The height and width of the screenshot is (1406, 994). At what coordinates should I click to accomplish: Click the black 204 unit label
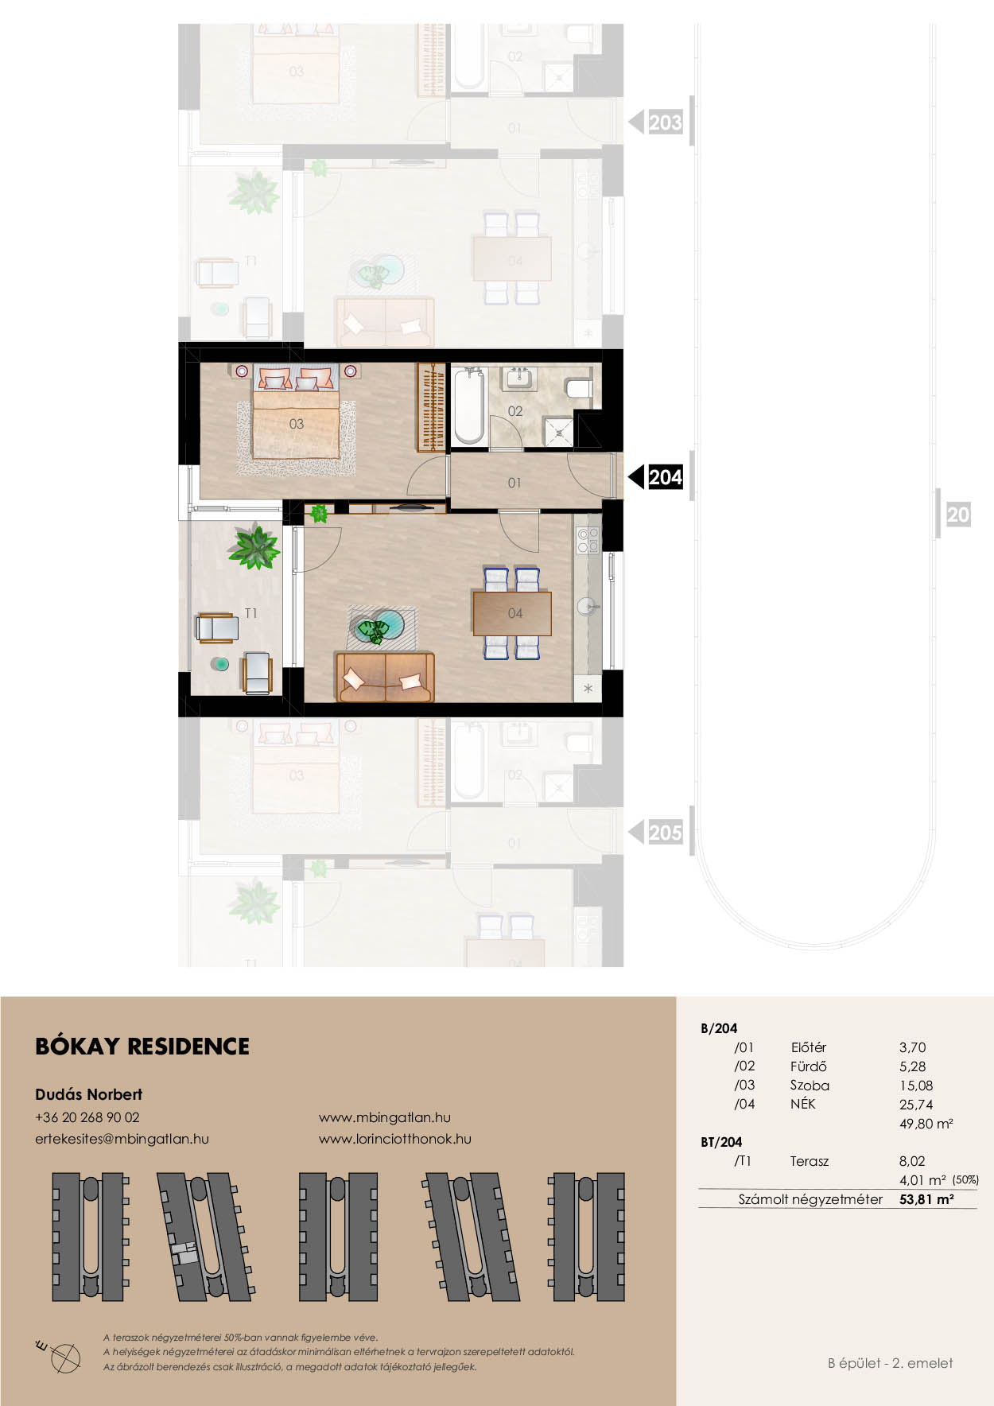pos(666,477)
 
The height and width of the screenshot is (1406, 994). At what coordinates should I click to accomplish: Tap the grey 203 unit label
pos(666,122)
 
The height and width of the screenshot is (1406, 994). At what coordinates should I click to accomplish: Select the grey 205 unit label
pos(666,833)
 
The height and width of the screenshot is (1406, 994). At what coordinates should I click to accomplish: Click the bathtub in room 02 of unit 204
pos(468,406)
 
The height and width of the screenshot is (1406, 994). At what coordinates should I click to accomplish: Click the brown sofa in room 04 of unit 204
pos(385,677)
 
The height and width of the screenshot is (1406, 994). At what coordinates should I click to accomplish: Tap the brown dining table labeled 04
pos(512,613)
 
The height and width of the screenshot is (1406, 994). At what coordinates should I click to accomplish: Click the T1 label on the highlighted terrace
pos(251,613)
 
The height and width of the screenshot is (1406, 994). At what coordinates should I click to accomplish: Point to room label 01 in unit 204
pos(514,483)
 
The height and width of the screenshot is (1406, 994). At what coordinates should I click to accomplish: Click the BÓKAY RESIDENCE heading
pos(142,1047)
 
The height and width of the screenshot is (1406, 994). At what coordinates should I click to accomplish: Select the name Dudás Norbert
pos(89,1094)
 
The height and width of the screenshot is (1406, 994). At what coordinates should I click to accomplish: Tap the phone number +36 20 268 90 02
pos(87,1117)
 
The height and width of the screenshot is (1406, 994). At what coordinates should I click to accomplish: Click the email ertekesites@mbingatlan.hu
pos(122,1139)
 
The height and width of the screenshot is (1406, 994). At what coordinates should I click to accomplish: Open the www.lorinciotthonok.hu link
pos(395,1139)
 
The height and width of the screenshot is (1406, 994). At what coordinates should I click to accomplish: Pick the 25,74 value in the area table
pos(916,1105)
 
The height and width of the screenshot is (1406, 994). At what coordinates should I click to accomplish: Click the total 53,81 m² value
pos(926,1199)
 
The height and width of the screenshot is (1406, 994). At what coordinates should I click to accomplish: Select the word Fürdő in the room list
pos(808,1066)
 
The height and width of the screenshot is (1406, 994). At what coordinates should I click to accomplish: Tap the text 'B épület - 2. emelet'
pos(891,1363)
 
